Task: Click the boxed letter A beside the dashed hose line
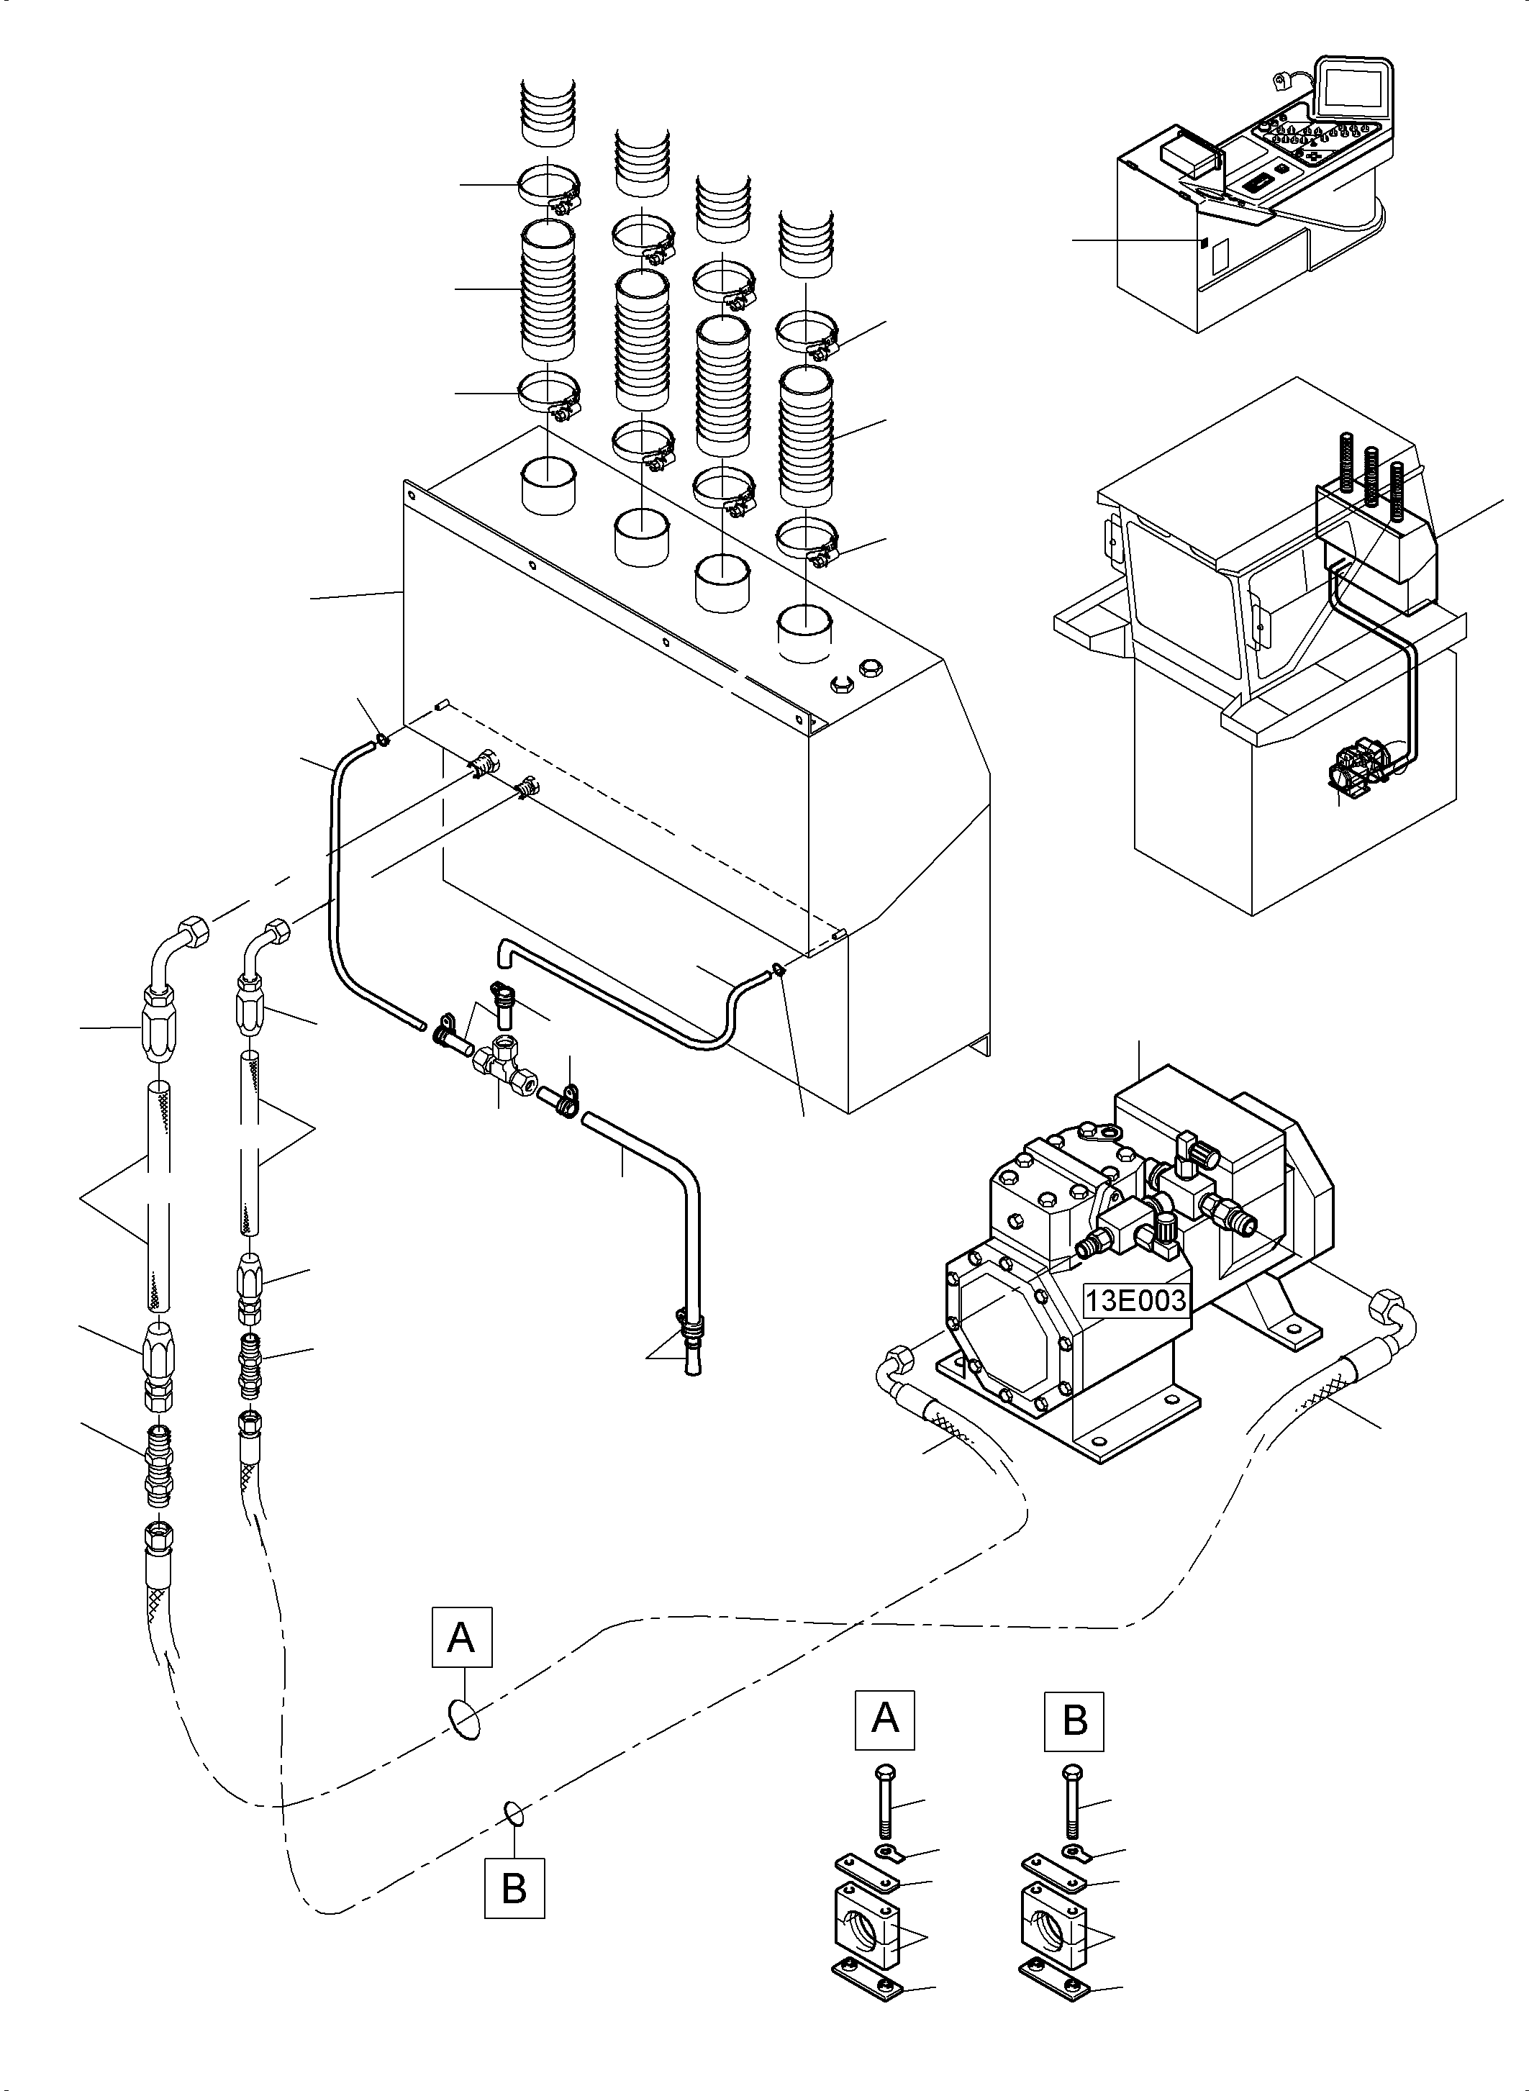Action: tap(461, 1638)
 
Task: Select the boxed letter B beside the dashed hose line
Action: tap(514, 1887)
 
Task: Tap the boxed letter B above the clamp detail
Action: tap(1074, 1720)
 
